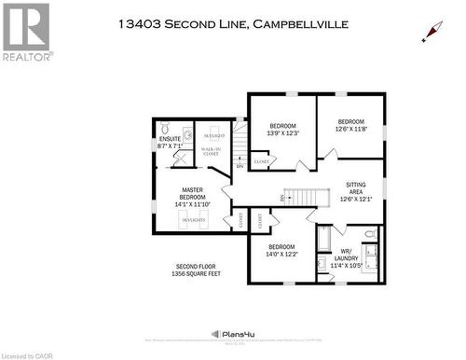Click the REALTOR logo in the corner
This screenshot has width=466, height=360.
27,32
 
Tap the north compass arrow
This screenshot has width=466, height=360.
430,34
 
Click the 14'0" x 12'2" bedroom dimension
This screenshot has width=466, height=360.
283,255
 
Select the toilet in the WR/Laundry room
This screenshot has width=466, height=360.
369,234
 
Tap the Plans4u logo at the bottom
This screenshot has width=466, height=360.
232,334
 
